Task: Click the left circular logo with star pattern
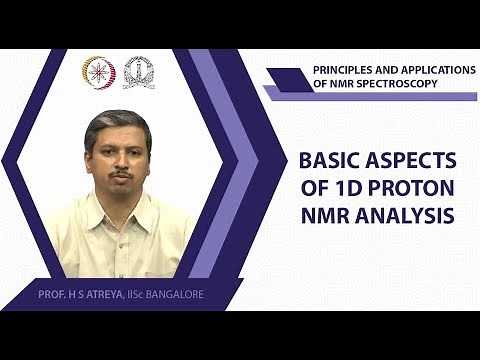coord(98,72)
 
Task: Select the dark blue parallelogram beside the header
coord(290,78)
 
